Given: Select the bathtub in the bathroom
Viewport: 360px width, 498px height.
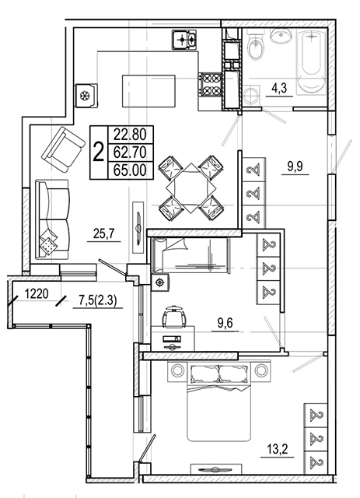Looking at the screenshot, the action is tap(312, 61).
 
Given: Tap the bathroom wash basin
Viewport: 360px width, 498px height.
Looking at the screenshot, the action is tap(281, 35).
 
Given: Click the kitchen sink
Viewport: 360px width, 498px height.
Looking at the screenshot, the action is tap(184, 40).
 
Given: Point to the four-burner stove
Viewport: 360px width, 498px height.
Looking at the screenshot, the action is tap(210, 84).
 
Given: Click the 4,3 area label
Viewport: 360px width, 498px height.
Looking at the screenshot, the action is tap(279, 88).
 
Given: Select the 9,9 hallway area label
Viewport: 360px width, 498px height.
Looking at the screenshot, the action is tap(295, 166).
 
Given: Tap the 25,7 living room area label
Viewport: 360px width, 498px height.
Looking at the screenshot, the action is tap(103, 234).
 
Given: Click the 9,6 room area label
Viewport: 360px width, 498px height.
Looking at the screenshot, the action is tap(225, 324).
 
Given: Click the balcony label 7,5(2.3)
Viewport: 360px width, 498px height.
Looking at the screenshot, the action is tap(96, 300).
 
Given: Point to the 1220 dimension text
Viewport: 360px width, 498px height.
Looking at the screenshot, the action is tap(37, 294).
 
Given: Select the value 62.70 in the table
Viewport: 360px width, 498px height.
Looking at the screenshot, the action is tap(131, 153).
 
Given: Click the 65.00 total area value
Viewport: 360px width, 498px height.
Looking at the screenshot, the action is tap(131, 170).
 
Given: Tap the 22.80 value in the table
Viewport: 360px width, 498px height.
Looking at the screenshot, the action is tap(131, 135).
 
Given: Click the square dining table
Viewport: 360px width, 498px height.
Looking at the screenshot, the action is tap(190, 188).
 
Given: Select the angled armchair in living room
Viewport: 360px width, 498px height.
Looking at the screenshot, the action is tap(63, 149).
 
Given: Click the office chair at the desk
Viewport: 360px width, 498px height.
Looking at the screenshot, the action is tap(173, 316).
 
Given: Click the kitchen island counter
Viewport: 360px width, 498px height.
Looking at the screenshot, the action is tap(149, 91).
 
